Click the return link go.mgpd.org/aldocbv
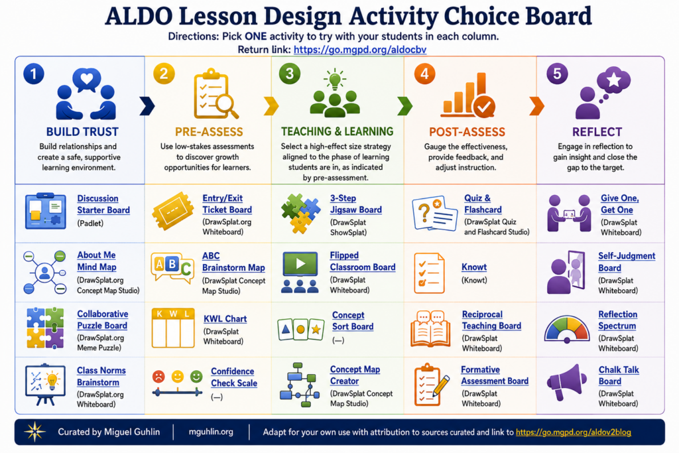(x=360, y=50)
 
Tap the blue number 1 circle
(x=34, y=74)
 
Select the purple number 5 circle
(x=557, y=74)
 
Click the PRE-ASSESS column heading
(x=209, y=132)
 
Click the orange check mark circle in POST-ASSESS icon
(x=484, y=107)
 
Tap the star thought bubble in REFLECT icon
(x=613, y=80)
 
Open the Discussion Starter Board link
(x=103, y=204)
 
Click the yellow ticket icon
(x=173, y=211)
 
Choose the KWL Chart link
(x=225, y=319)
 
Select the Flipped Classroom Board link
(x=363, y=261)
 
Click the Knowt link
(x=474, y=267)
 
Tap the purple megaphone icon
(x=565, y=382)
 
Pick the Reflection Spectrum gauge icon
(x=567, y=329)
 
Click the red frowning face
(x=158, y=376)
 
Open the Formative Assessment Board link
(x=495, y=375)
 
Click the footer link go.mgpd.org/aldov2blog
(x=574, y=432)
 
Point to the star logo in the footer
(x=34, y=432)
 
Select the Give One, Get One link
(x=620, y=204)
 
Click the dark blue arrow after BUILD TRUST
(x=147, y=106)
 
